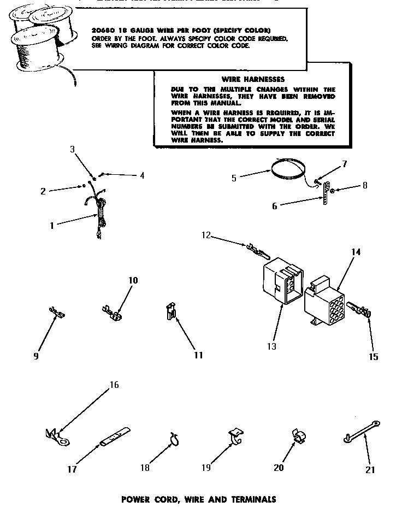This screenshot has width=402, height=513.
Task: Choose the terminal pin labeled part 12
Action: click(258, 252)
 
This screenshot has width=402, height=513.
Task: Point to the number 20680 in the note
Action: click(102, 30)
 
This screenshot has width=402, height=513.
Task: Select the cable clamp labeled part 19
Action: click(235, 434)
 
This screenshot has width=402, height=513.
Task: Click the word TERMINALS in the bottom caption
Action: click(253, 499)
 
